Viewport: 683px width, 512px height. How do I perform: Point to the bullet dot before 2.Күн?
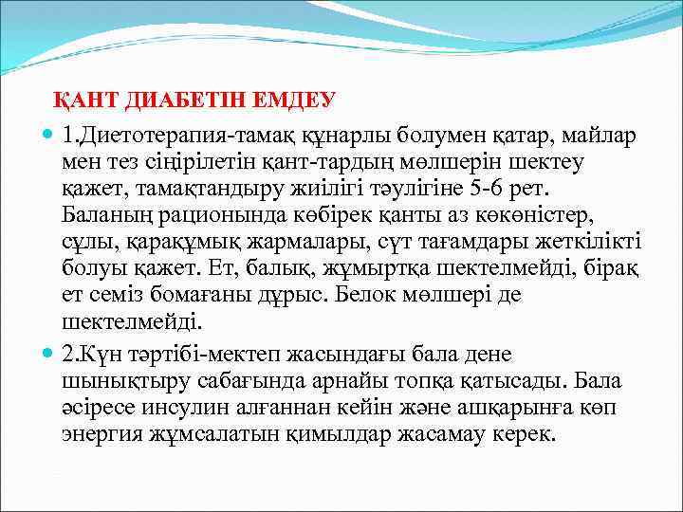[49, 355]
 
